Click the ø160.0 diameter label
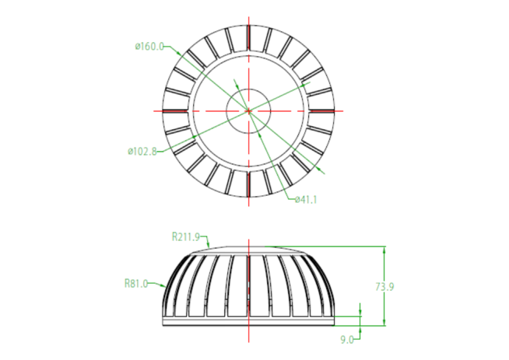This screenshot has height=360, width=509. coord(149,47)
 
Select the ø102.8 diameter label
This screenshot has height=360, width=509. coord(142,151)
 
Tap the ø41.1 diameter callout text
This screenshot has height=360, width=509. coord(306,199)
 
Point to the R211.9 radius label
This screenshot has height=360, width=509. coord(187,236)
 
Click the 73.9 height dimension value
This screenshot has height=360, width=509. coord(384,287)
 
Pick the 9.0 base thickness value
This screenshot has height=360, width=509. coord(346,339)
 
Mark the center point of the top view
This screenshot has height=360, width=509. coord(248,110)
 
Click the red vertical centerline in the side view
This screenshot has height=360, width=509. coord(248,295)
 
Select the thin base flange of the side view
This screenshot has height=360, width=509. coord(248,321)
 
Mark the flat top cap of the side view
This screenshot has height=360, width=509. coord(248,249)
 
